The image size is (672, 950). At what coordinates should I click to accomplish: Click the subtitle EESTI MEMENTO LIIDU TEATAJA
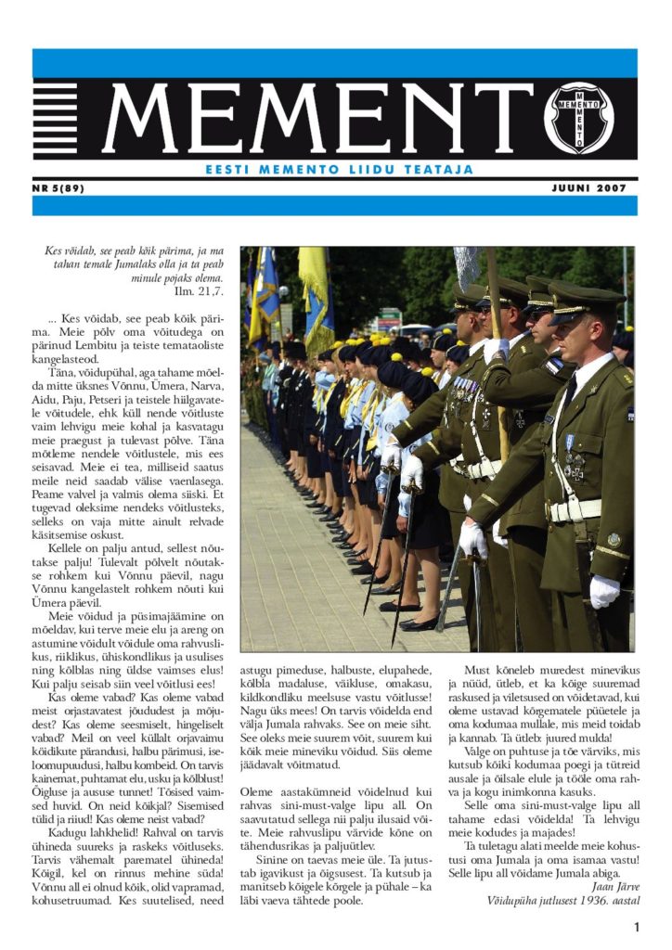pos(339,170)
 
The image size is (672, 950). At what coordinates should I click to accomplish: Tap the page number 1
pos(637,928)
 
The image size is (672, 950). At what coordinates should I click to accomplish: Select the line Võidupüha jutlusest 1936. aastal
pos(563,899)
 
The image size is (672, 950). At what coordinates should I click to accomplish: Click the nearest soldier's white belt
pos(575,509)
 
